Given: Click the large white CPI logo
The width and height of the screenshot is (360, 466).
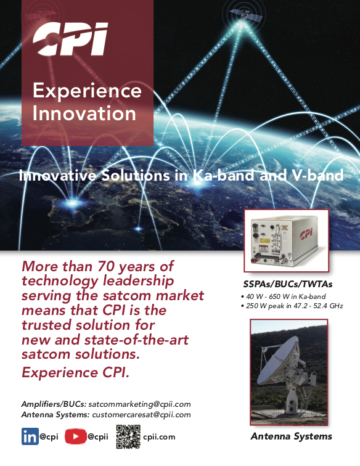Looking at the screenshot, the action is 70,39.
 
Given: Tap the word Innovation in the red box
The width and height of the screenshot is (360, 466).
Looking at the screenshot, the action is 84,113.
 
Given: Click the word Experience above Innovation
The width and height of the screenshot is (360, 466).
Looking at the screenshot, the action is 87,91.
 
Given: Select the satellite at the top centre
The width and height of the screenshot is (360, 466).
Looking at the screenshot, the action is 245,14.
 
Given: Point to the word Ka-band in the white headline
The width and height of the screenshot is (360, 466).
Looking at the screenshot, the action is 223,175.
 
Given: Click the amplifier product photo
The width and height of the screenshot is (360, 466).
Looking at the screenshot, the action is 286,241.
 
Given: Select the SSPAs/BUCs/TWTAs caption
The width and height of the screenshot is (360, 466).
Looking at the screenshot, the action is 288,284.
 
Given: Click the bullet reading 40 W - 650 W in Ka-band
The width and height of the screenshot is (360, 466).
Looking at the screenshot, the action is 284,296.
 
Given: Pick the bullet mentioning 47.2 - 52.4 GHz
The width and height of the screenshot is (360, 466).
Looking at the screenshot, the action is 292,306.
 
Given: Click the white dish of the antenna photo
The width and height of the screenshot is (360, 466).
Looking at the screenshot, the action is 278,359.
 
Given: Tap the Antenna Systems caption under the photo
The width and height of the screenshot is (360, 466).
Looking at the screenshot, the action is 292,436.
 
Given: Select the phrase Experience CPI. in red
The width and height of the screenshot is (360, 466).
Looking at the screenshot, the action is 75,372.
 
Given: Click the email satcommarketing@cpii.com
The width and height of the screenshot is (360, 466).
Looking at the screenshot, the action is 140,404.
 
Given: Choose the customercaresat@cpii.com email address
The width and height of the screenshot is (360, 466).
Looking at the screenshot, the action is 142,415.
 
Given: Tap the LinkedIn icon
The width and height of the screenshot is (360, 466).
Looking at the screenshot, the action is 30,436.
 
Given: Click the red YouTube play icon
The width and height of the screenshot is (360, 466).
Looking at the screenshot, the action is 75,436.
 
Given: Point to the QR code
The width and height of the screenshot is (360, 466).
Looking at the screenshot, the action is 128,436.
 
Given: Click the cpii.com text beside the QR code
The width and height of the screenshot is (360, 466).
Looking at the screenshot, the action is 159,437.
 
